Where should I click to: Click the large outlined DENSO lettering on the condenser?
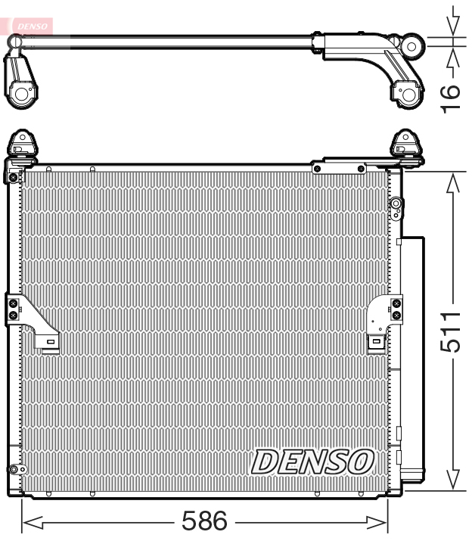tap(312, 461)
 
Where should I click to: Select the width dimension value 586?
tap(204, 521)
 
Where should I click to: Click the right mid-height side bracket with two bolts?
tap(396, 309)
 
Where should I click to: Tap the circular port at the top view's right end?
tap(411, 46)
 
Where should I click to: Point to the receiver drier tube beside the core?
tap(413, 356)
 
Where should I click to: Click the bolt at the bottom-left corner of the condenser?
tap(12, 469)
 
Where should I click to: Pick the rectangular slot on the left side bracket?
tap(50, 342)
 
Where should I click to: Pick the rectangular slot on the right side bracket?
tap(375, 342)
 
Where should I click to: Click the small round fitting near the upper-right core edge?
tap(395, 204)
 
